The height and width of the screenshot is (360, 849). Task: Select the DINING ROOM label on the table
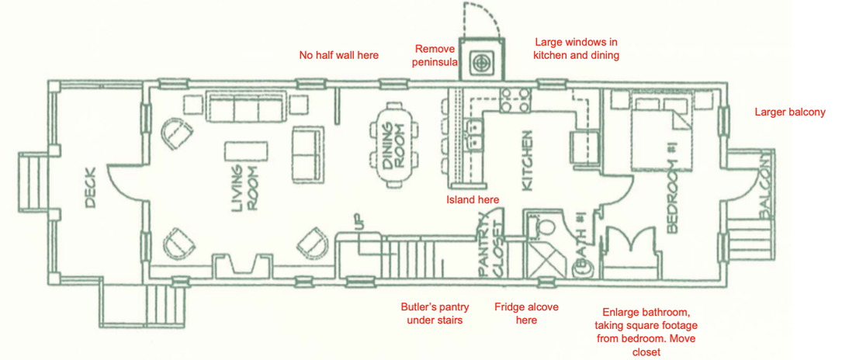pyautogui.click(x=393, y=145)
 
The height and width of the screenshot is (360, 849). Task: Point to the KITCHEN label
pyautogui.click(x=527, y=160)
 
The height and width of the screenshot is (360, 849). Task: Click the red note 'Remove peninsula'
pyautogui.click(x=434, y=55)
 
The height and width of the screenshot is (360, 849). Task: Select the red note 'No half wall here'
pyautogui.click(x=339, y=55)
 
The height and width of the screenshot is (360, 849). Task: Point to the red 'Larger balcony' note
pyautogui.click(x=790, y=112)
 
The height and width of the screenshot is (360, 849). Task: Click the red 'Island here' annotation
pyautogui.click(x=473, y=199)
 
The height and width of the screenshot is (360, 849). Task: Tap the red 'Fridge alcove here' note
pyautogui.click(x=526, y=313)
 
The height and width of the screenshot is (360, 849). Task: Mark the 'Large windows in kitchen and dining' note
pyautogui.click(x=576, y=48)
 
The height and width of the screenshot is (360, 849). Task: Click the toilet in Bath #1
pyautogui.click(x=542, y=226)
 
